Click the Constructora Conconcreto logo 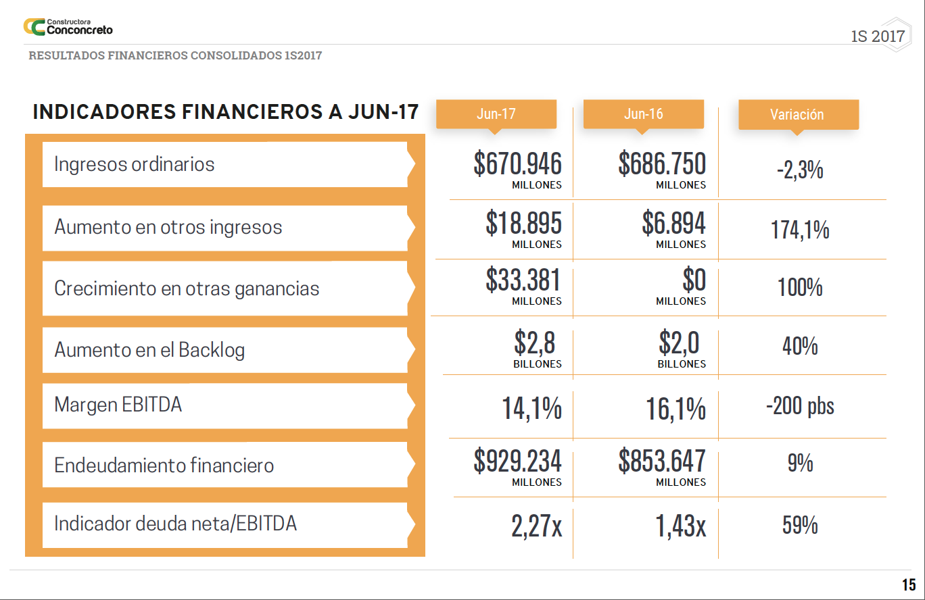(x=68, y=27)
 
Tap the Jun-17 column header (x=496, y=114)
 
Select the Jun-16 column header (x=643, y=114)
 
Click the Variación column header (x=797, y=114)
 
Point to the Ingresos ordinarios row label (x=135, y=164)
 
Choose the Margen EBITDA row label (x=118, y=405)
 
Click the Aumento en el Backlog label (x=149, y=350)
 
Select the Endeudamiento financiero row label (x=164, y=466)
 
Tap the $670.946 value (x=518, y=164)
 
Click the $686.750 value (x=662, y=164)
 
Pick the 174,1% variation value (x=800, y=230)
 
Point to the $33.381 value (x=523, y=280)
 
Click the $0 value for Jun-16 (x=694, y=280)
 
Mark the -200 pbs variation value (x=800, y=406)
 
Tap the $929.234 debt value (x=518, y=461)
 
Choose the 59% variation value (x=800, y=525)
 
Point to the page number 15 (x=908, y=585)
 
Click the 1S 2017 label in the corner (x=877, y=36)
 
